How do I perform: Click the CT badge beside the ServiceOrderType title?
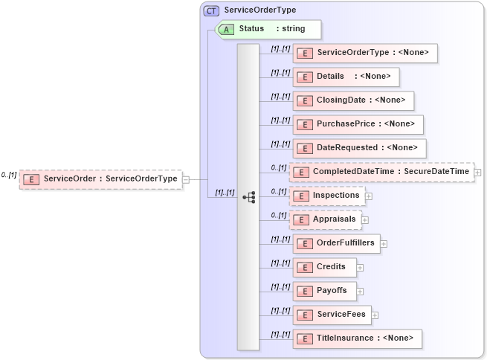(211, 10)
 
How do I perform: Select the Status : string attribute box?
(268, 29)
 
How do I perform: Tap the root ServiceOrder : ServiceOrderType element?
(100, 179)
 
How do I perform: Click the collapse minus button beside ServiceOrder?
(186, 179)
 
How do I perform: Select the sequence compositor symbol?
(248, 197)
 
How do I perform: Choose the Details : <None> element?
(346, 77)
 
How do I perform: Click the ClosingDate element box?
(353, 100)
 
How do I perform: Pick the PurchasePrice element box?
(358, 124)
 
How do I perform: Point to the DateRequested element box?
(360, 148)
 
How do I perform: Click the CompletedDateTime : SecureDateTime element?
(381, 172)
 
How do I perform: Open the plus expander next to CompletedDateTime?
(477, 173)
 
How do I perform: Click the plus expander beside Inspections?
(369, 196)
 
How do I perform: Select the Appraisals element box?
(326, 219)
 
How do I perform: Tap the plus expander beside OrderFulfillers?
(384, 243)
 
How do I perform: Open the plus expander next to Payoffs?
(361, 291)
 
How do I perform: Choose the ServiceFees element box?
(331, 315)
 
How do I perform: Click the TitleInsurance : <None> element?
(358, 338)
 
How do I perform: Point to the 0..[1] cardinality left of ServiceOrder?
(8, 175)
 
